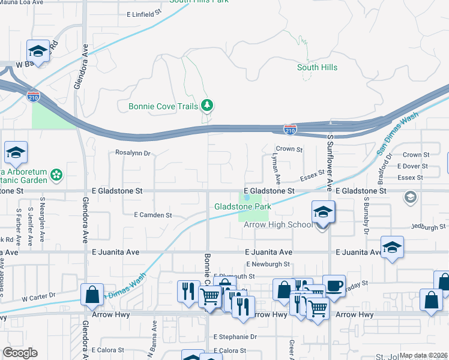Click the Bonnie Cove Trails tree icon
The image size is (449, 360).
point(207,106)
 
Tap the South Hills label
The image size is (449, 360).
point(317,68)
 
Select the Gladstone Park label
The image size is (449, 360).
point(243,207)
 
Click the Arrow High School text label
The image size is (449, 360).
point(278,225)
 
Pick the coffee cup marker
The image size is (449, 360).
point(334,286)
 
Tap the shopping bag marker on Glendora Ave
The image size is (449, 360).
point(92,295)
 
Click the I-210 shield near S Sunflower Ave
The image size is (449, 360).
point(290,129)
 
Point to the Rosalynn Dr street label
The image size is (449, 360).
point(133,153)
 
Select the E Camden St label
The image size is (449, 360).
point(152,215)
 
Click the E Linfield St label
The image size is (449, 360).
point(145,12)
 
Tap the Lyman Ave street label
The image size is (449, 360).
point(277,167)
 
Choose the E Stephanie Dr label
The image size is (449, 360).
point(235,337)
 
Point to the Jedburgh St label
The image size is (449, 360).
point(429,227)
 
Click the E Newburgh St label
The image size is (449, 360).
point(268,264)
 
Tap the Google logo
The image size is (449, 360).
point(20,353)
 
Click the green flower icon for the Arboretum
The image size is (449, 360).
point(56,175)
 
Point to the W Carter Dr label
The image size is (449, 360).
point(38,297)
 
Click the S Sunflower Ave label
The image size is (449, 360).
point(330,163)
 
